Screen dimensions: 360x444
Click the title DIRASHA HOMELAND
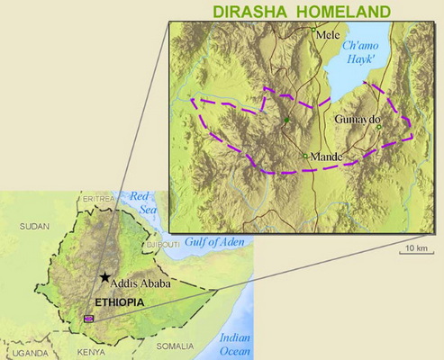[302, 12]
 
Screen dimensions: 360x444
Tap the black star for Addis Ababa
[106, 278]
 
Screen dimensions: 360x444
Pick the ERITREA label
[98, 198]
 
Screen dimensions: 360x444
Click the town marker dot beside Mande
[306, 157]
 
